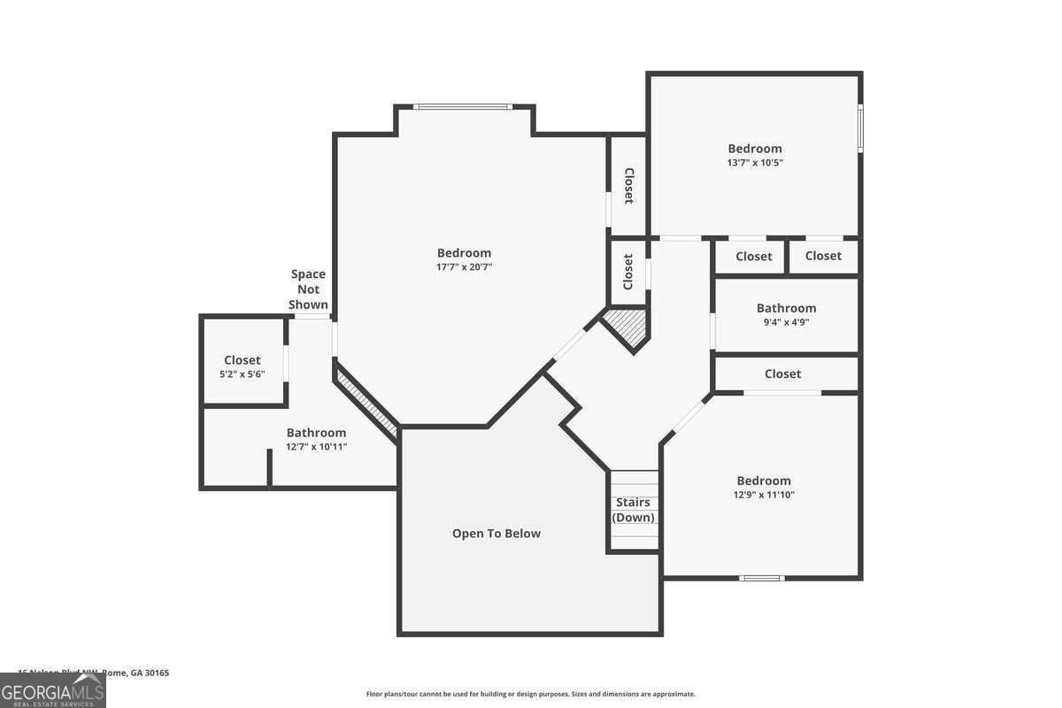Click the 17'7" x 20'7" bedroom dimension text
(464, 266)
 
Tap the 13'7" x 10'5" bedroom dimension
(755, 162)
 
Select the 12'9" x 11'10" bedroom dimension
(763, 495)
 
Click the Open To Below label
(496, 534)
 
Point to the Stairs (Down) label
(633, 510)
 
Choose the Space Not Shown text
(308, 289)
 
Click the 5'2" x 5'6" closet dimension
(242, 374)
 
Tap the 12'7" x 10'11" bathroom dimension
(316, 447)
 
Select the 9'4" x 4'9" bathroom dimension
(786, 322)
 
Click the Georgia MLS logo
(53, 690)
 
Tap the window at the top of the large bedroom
(463, 107)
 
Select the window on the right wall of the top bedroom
(860, 129)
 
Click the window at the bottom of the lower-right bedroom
(762, 578)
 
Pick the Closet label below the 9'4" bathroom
(782, 373)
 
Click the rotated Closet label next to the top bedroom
(628, 186)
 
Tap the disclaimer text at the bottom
(530, 694)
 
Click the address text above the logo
(94, 673)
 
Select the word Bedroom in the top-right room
(755, 149)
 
